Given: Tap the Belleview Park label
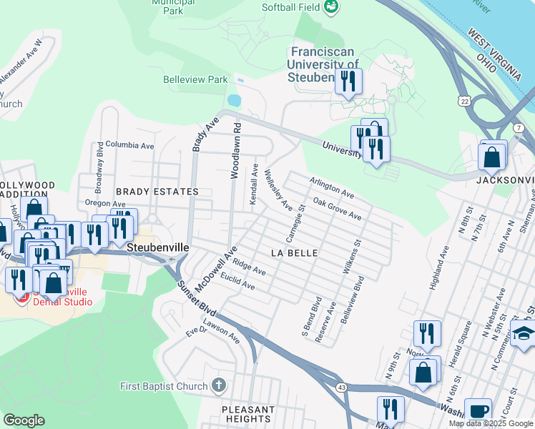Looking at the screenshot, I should click(195, 80).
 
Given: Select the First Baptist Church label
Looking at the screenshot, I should click(165, 387).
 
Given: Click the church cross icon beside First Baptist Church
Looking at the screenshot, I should click(220, 386).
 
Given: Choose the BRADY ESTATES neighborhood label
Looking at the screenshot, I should click(157, 192).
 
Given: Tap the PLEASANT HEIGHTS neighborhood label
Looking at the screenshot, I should click(248, 415).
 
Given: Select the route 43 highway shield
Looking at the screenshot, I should click(343, 387).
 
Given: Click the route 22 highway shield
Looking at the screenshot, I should click(465, 102).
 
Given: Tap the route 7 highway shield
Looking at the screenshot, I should click(516, 127).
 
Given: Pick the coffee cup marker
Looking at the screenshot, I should click(478, 411).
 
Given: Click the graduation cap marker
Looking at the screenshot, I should click(523, 333).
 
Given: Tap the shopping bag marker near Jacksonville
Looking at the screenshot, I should click(492, 157).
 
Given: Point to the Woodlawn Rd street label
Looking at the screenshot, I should click(235, 149).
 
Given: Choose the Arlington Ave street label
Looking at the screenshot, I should click(331, 188).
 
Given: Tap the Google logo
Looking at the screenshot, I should click(24, 420).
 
